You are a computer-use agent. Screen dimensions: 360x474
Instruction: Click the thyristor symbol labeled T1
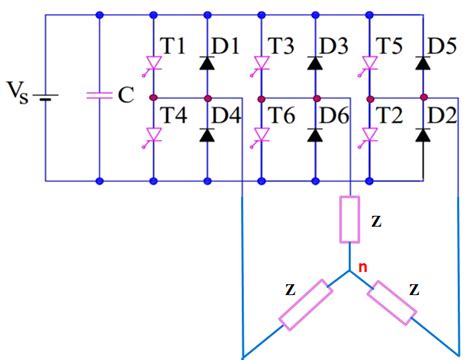[x=152, y=62]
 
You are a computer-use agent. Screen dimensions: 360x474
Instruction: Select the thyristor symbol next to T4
[x=152, y=135]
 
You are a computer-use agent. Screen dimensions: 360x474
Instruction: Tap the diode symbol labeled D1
[x=207, y=62]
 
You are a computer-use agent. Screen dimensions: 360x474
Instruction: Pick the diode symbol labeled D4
[x=207, y=134]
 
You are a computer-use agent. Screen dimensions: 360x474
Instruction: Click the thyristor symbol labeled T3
[x=261, y=62]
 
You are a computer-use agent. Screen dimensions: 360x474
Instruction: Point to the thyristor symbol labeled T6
[x=261, y=135]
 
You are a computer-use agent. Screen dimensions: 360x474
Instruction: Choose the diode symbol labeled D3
[x=316, y=62]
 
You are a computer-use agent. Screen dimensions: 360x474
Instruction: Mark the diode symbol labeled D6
[x=316, y=134]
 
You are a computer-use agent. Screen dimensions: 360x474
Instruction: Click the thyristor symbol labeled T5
[x=370, y=62]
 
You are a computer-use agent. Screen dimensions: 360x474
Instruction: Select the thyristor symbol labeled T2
[x=370, y=135]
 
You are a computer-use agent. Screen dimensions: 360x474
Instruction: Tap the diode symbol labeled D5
[x=424, y=62]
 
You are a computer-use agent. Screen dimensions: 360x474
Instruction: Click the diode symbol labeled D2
[x=424, y=134]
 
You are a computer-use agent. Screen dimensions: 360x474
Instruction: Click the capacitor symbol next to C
[x=98, y=97]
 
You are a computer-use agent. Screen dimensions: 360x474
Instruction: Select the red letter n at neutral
[x=363, y=266]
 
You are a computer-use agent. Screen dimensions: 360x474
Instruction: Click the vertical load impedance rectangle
[x=351, y=219]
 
